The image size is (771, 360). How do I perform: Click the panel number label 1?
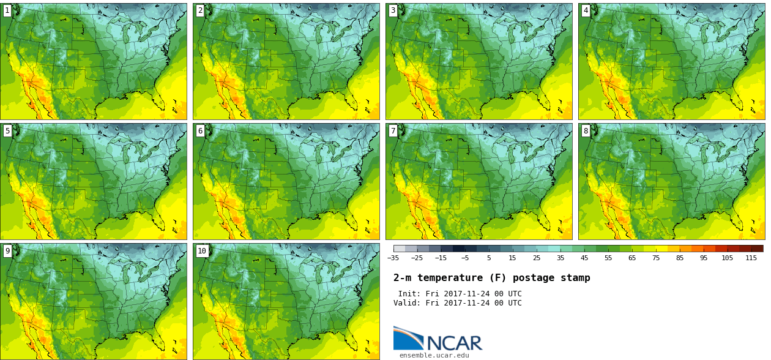[x=7, y=10]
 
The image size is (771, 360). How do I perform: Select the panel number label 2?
[x=200, y=10]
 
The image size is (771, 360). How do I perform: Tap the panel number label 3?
[x=393, y=10]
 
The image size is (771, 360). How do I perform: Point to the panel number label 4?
[x=586, y=10]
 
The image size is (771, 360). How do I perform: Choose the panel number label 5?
[x=7, y=130]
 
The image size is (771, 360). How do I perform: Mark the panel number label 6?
[x=200, y=130]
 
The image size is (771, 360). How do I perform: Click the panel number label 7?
[x=393, y=130]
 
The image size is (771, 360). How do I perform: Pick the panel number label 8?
[x=586, y=130]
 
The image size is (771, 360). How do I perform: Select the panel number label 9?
[x=7, y=250]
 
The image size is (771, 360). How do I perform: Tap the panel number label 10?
[x=202, y=250]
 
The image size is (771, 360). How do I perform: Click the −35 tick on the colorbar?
[x=393, y=258]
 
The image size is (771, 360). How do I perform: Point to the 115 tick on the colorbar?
[x=751, y=258]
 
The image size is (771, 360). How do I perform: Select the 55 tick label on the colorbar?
[x=608, y=258]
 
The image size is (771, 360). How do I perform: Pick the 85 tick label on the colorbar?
[x=680, y=258]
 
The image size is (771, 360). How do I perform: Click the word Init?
[x=409, y=294]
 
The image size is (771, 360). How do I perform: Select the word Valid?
[x=407, y=303]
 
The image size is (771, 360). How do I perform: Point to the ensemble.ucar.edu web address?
[x=434, y=355]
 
